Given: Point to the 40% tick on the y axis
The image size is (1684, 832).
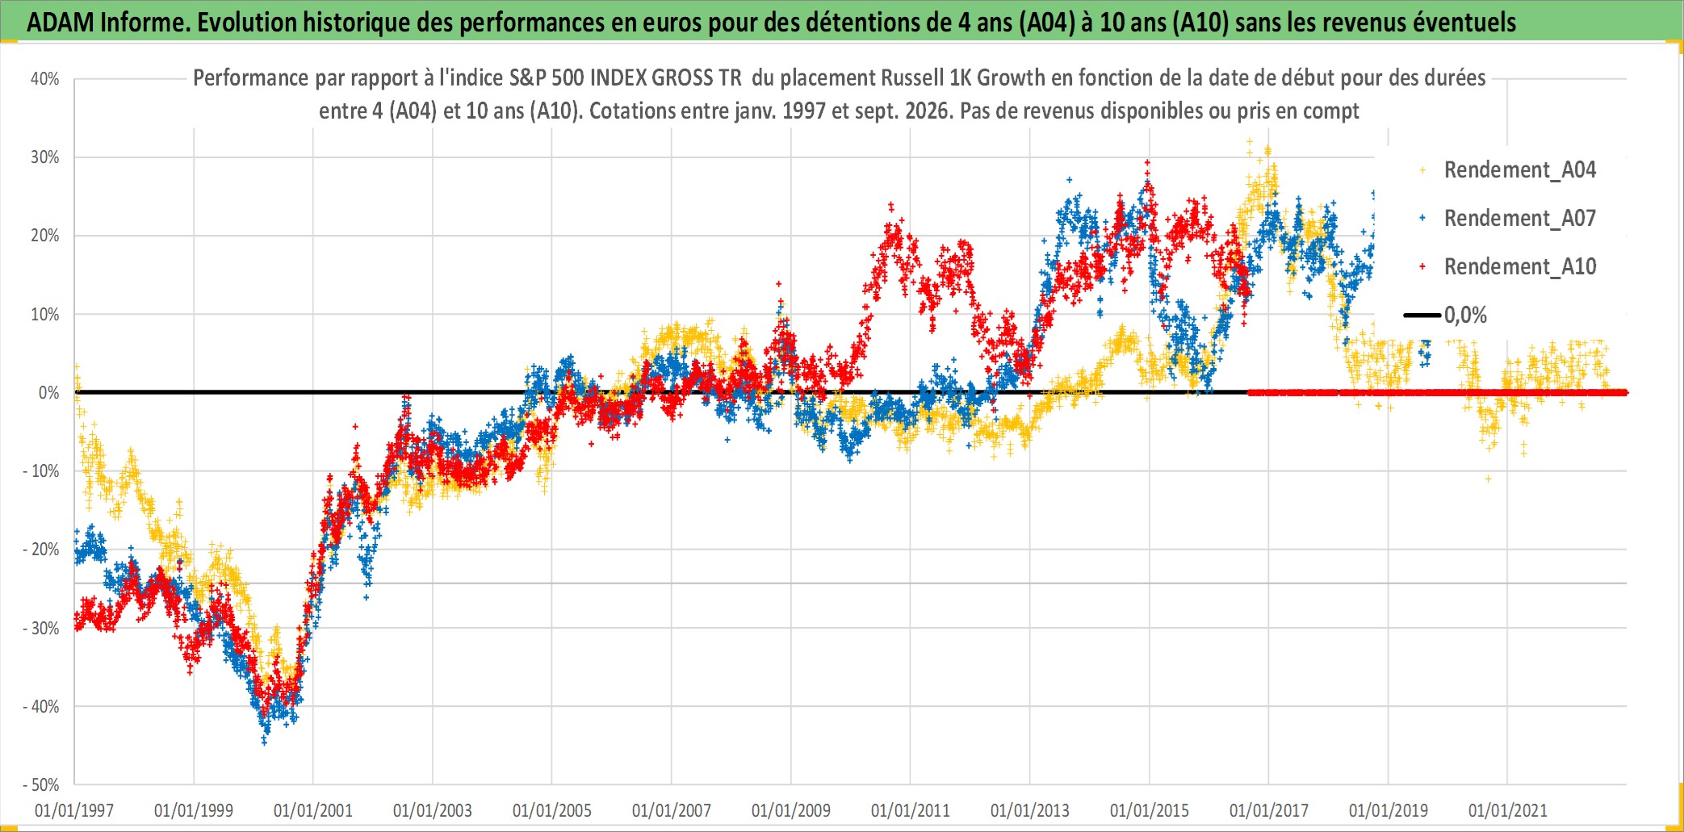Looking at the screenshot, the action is [45, 79].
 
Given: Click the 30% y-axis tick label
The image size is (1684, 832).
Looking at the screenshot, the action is [45, 157].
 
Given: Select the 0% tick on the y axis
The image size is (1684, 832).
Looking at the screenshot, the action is [49, 393].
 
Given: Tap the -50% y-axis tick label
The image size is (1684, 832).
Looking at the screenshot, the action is [41, 784].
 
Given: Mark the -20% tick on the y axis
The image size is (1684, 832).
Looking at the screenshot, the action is [41, 550].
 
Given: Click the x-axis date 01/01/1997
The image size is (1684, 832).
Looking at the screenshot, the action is [74, 810].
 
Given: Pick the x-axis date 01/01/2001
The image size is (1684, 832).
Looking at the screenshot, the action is [313, 810].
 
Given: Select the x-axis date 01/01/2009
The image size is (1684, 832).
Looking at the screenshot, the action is [791, 810].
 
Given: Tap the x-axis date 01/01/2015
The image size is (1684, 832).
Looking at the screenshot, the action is [1150, 810].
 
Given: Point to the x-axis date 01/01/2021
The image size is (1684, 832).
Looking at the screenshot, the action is [1508, 810].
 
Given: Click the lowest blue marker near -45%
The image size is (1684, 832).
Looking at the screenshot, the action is [265, 741].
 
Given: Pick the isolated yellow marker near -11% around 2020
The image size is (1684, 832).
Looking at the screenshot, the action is [1489, 479].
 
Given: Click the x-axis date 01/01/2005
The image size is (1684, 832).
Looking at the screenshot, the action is [552, 810].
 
